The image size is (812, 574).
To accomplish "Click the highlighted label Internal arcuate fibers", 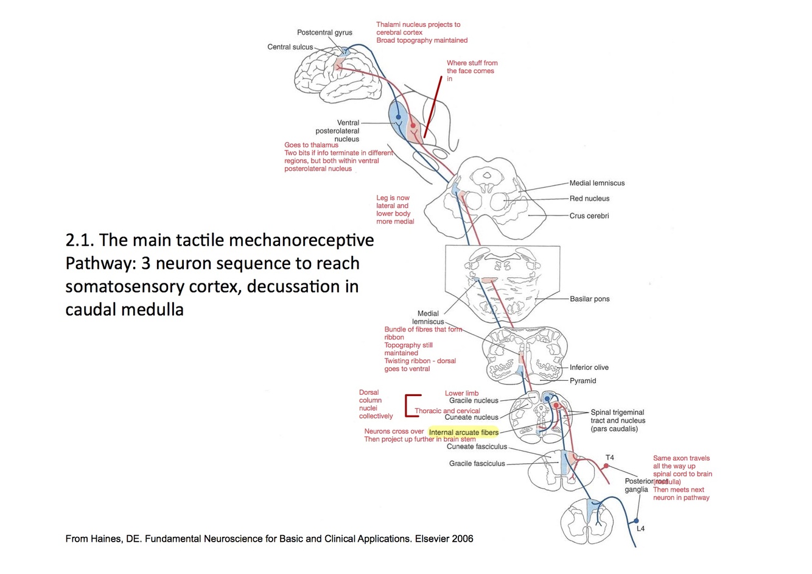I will [x=463, y=433].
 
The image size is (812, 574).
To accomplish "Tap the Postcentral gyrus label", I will [x=324, y=33].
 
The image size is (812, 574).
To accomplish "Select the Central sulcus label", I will [x=290, y=47].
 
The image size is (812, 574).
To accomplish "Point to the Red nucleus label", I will [x=589, y=199].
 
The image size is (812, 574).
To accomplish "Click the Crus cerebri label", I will [x=589, y=216].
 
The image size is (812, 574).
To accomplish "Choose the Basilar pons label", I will [x=589, y=299].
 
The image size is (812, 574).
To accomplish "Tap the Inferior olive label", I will [x=589, y=367].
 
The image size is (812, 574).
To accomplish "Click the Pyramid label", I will [x=583, y=381].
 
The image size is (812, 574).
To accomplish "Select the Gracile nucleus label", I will [x=474, y=401].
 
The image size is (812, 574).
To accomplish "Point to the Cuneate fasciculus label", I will [x=477, y=447].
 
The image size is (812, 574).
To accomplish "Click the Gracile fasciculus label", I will [x=477, y=464].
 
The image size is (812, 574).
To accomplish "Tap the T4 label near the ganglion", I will [x=610, y=458].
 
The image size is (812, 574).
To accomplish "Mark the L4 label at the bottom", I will [x=640, y=528].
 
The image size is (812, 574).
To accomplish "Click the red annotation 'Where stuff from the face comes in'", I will [x=472, y=71].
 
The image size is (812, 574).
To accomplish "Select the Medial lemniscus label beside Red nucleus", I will [x=597, y=183].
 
